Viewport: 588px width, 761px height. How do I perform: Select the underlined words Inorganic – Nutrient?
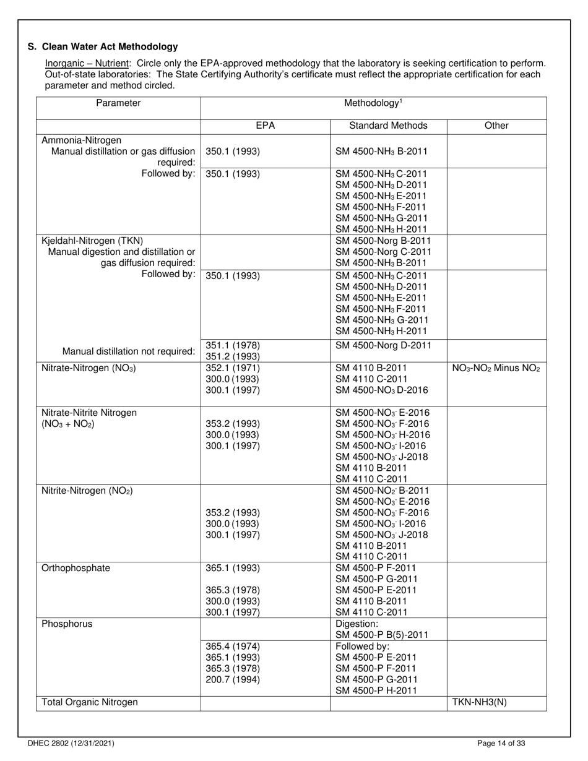tap(87, 64)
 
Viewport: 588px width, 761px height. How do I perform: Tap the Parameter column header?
tap(118, 103)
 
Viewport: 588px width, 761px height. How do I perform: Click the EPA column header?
tap(265, 126)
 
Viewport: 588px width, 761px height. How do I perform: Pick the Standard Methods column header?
tap(388, 126)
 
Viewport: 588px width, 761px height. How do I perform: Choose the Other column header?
tap(496, 126)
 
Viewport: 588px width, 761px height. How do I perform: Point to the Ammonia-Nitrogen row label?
tap(81, 140)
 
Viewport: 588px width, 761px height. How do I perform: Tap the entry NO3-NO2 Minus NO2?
tap(496, 368)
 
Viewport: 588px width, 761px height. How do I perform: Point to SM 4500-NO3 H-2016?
tap(382, 435)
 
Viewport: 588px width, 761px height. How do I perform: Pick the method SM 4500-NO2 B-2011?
tap(382, 491)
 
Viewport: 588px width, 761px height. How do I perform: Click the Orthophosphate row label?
tap(76, 568)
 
